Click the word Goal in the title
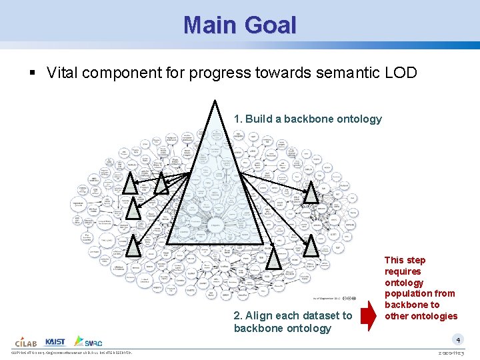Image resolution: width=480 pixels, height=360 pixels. (x=269, y=25)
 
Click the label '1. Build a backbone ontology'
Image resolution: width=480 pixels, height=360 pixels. (x=307, y=119)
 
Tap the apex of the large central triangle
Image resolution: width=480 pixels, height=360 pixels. (x=215, y=101)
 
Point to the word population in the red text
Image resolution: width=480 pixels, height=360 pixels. (x=420, y=293)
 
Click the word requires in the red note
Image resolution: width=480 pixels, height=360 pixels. (x=403, y=271)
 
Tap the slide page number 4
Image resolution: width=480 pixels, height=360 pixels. (x=458, y=339)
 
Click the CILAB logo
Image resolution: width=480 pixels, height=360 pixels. (x=25, y=341)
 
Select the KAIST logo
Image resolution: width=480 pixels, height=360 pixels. (x=55, y=341)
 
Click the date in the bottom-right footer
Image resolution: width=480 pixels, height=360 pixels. (x=456, y=353)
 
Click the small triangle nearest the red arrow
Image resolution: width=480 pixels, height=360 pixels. (x=311, y=247)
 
